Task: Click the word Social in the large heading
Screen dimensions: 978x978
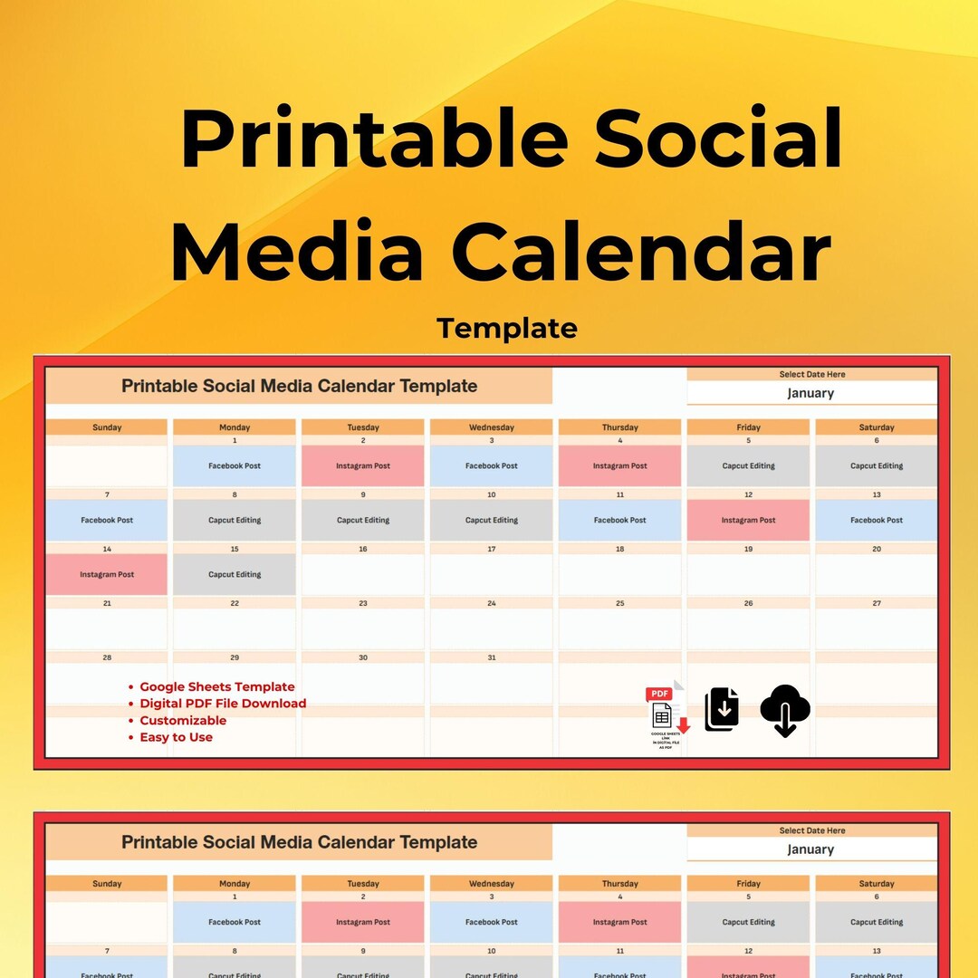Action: pyautogui.click(x=719, y=140)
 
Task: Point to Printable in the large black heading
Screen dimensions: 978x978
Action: pyautogui.click(x=374, y=140)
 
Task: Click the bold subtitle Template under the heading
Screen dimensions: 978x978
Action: pyautogui.click(x=507, y=328)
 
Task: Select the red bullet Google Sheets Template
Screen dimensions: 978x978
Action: pyautogui.click(x=216, y=687)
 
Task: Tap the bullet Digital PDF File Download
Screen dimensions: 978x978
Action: pyautogui.click(x=223, y=704)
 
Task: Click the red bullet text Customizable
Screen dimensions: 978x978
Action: pyautogui.click(x=183, y=721)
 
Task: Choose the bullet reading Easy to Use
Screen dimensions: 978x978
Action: pyautogui.click(x=176, y=737)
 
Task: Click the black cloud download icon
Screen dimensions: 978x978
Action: pyautogui.click(x=785, y=710)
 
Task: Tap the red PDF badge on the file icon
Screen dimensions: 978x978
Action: pyautogui.click(x=659, y=694)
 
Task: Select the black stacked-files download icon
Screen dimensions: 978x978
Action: pyautogui.click(x=722, y=709)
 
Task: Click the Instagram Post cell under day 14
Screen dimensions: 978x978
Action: pyautogui.click(x=107, y=574)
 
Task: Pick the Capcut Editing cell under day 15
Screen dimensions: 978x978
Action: pyautogui.click(x=235, y=574)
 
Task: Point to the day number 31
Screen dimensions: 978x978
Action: pyautogui.click(x=492, y=657)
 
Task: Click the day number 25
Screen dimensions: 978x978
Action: pyautogui.click(x=620, y=603)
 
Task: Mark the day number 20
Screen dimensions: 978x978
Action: pyautogui.click(x=877, y=549)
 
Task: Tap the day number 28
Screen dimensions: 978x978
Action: pyautogui.click(x=107, y=657)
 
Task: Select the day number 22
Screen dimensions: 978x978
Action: pyautogui.click(x=235, y=603)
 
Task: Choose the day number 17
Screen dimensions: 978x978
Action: pyautogui.click(x=492, y=549)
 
